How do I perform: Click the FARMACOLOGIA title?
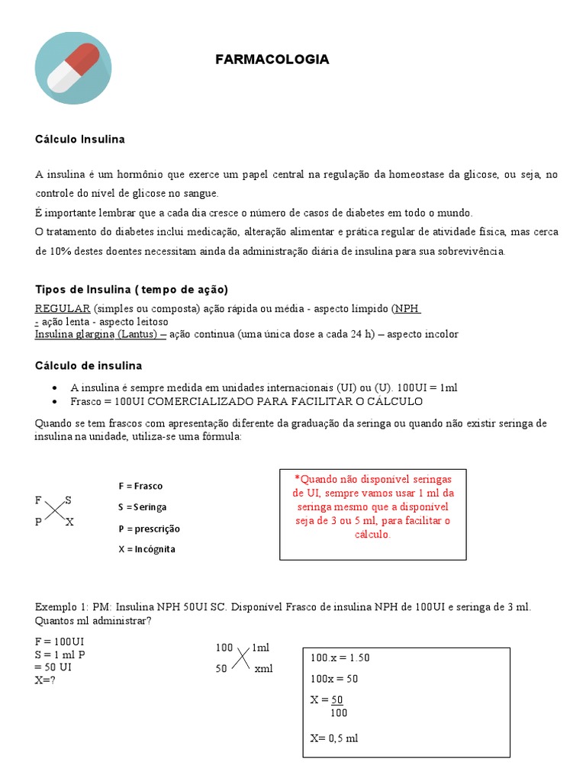click(x=272, y=59)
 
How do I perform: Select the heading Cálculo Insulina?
click(x=80, y=140)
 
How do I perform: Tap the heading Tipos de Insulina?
click(x=131, y=290)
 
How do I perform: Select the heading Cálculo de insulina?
click(x=89, y=365)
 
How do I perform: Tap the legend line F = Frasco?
click(x=140, y=486)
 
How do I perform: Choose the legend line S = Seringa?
click(x=142, y=506)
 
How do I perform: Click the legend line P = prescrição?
click(x=149, y=529)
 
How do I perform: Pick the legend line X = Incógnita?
click(x=146, y=549)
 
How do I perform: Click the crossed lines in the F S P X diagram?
click(x=53, y=511)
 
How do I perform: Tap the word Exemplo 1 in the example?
click(x=60, y=606)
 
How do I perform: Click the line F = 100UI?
click(x=60, y=642)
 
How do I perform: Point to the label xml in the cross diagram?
click(x=263, y=669)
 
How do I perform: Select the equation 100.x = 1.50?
click(x=340, y=657)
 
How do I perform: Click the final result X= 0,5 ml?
click(x=334, y=738)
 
